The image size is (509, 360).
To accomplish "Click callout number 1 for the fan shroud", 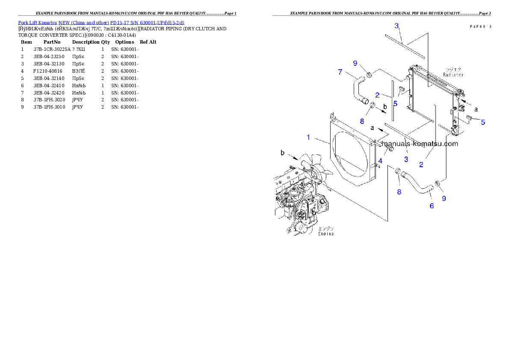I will point(308,137).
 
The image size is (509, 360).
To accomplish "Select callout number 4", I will point(380,161).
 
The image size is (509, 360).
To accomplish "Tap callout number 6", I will point(432,206).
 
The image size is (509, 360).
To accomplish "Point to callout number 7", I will point(340,72).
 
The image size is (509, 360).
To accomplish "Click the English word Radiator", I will point(453,74).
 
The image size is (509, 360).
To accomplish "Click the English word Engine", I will point(326,234).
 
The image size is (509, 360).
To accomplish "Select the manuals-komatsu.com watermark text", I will point(420,144).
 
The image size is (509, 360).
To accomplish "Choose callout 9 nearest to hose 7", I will point(355,63).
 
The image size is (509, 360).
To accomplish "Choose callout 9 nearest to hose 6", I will point(444,198).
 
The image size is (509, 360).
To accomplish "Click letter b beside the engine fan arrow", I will point(282,152).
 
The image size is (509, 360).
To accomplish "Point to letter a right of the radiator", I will point(476,109).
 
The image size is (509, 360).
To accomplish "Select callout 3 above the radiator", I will point(397,26).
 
